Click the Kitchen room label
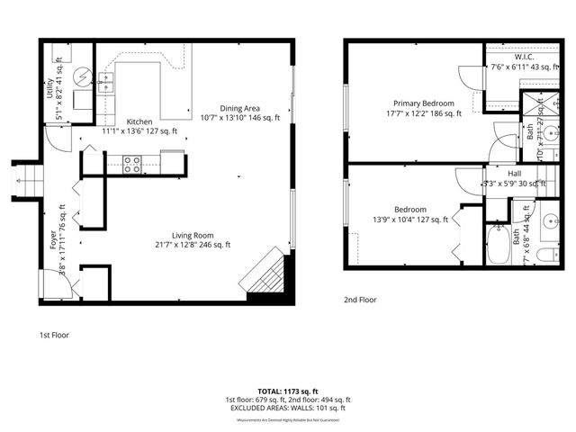coord(139,122)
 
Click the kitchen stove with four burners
coord(131,164)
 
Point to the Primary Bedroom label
coord(420,103)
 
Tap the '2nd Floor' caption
coord(360,300)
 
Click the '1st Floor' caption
coord(54,335)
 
